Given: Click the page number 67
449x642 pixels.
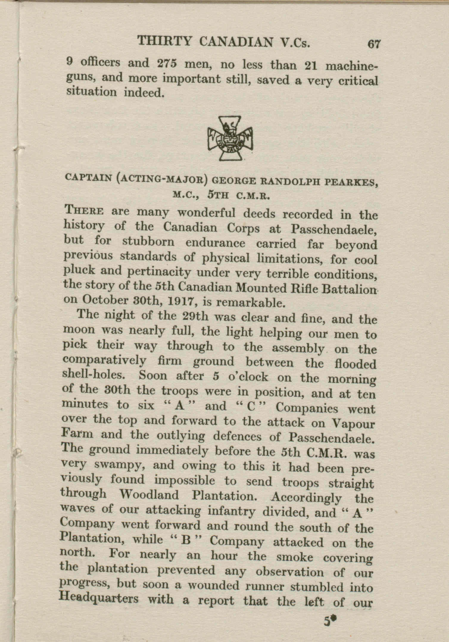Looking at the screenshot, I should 374,44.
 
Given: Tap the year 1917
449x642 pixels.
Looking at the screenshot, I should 182,302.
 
